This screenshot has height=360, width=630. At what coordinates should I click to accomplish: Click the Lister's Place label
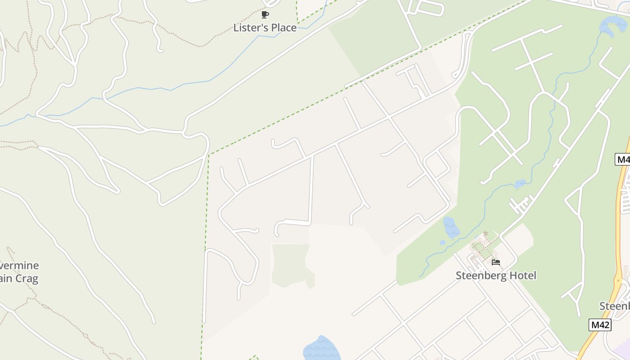pos(265,28)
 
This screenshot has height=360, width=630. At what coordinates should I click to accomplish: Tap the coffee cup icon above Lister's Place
pos(265,15)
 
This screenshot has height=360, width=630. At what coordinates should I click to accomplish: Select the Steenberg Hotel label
pos(496,275)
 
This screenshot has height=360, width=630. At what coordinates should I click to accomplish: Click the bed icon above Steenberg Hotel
pos(496,262)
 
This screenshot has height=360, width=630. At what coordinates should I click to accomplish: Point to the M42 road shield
pos(600,325)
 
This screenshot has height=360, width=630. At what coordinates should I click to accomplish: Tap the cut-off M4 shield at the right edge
pos(622,159)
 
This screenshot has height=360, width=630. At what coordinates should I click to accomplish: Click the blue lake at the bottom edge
pos(320,349)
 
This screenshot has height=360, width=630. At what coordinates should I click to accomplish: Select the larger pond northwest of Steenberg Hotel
pos(450,227)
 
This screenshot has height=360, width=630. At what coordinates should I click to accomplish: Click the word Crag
pos(27,279)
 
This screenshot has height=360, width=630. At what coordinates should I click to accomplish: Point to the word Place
pos(282,28)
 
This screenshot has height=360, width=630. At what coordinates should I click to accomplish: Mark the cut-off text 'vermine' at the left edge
pos(20,265)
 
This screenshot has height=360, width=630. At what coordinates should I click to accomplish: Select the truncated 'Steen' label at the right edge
pos(615,306)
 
